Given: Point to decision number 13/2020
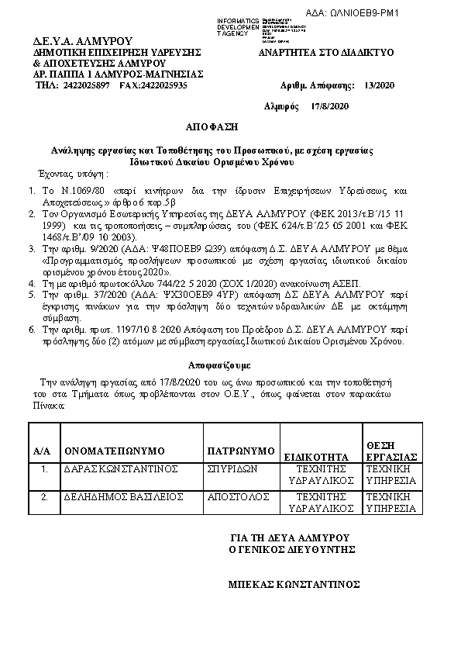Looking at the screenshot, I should pos(379,85).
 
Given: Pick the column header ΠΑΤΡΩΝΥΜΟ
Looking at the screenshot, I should pos(242,451).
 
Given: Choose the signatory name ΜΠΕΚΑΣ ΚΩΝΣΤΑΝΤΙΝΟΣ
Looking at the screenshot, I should pos(294,584).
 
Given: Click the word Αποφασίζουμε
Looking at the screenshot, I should pos(219,365).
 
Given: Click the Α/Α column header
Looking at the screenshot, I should pos(42,451).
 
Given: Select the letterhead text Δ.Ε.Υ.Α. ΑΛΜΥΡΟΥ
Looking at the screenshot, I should pos(72,41).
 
